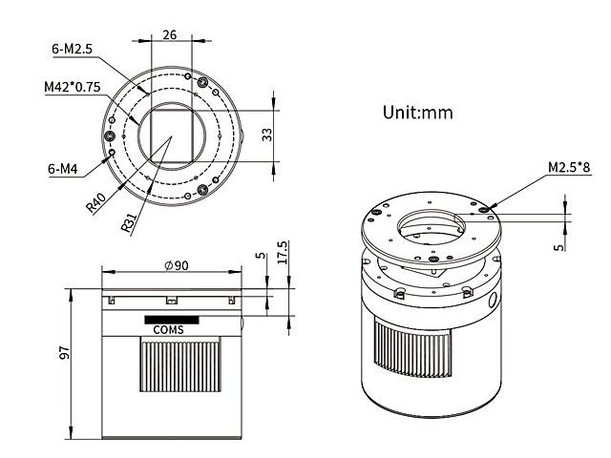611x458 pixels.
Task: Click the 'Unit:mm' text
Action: tap(418, 113)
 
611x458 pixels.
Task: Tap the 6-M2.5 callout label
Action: tap(73, 49)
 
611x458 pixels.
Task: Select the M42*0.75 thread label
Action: tap(73, 87)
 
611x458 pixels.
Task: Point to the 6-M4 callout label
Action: tap(62, 169)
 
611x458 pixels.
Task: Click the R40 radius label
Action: tap(95, 203)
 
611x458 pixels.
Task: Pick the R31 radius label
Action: tap(129, 222)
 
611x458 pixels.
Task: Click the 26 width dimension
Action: tap(170, 34)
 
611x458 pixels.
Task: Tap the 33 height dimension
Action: tap(267, 135)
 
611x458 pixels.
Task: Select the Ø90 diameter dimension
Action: tap(176, 265)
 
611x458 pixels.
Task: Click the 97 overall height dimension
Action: tap(64, 352)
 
